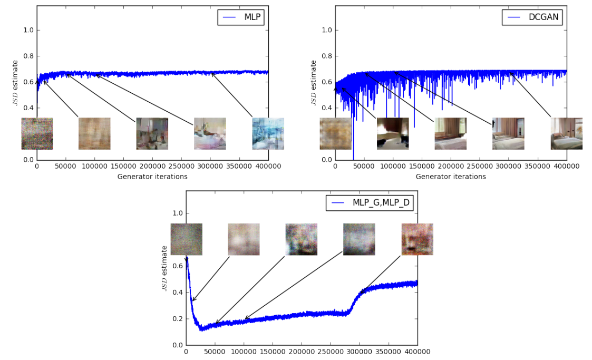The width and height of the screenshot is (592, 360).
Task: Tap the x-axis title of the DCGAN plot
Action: click(451, 177)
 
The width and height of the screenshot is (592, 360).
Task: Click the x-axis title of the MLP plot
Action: click(152, 177)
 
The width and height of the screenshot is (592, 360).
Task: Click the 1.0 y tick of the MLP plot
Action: click(28, 30)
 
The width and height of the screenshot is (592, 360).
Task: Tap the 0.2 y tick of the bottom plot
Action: click(178, 319)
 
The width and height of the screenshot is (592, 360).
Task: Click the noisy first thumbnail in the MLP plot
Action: click(37, 134)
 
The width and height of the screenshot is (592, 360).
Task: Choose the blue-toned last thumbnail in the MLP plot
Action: click(268, 134)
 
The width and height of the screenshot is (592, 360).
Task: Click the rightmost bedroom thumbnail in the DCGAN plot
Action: click(567, 134)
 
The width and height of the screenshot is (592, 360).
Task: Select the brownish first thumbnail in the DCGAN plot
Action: click(336, 134)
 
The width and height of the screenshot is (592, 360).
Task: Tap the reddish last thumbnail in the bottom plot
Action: click(417, 239)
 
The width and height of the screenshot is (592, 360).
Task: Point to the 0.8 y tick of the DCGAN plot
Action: click(327, 56)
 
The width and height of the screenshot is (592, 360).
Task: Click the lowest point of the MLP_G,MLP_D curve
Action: click(201, 330)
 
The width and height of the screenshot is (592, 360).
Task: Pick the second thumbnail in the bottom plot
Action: click(244, 239)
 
